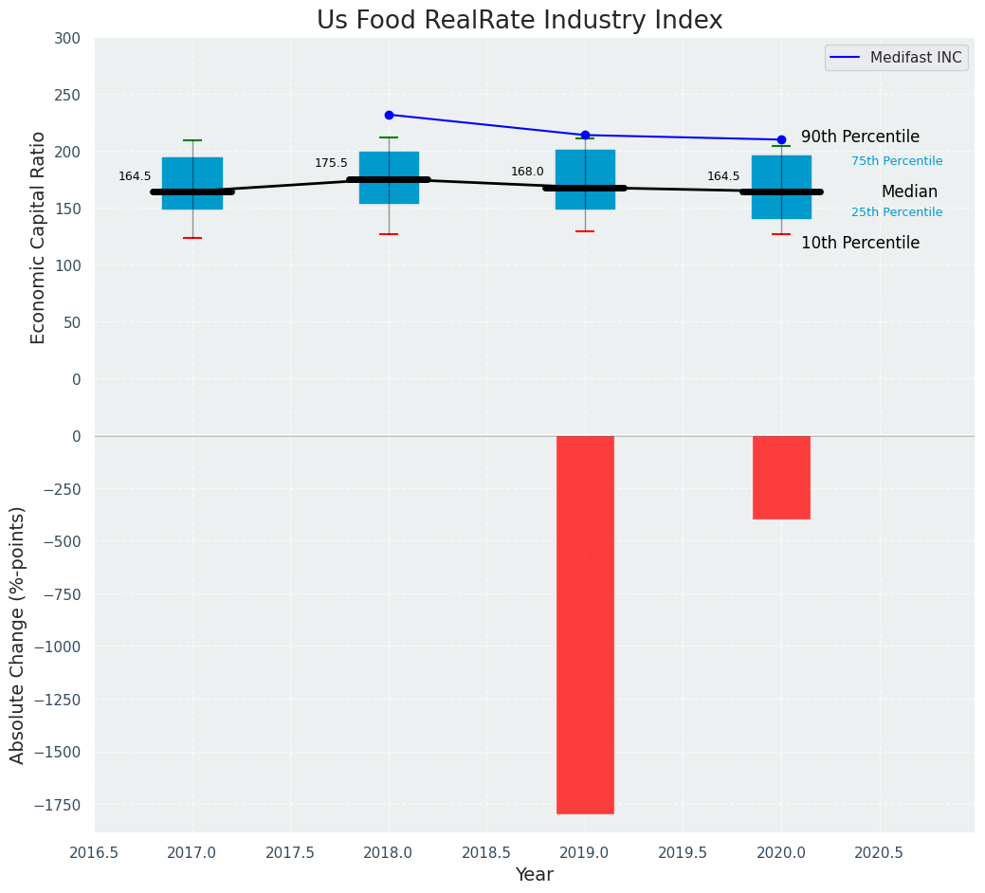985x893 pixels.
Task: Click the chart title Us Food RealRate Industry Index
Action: pyautogui.click(x=520, y=21)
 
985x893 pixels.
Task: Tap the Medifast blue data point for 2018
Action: pyautogui.click(x=389, y=115)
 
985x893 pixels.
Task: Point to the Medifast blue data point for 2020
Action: pyautogui.click(x=781, y=139)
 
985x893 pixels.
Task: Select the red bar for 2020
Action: pyautogui.click(x=781, y=477)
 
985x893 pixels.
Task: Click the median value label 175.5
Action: pyautogui.click(x=331, y=163)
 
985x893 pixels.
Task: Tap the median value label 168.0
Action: pyautogui.click(x=527, y=172)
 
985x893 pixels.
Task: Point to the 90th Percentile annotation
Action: pyautogui.click(x=860, y=137)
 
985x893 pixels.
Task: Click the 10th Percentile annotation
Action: pyautogui.click(x=860, y=243)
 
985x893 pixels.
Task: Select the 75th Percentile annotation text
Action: pyautogui.click(x=896, y=161)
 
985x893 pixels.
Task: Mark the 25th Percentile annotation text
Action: pyautogui.click(x=896, y=212)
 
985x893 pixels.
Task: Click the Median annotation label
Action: pyautogui.click(x=908, y=191)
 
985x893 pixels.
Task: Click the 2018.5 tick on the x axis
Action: pyautogui.click(x=486, y=852)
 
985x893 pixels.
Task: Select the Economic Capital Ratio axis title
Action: pyautogui.click(x=39, y=237)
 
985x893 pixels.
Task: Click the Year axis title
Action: pyautogui.click(x=534, y=875)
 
